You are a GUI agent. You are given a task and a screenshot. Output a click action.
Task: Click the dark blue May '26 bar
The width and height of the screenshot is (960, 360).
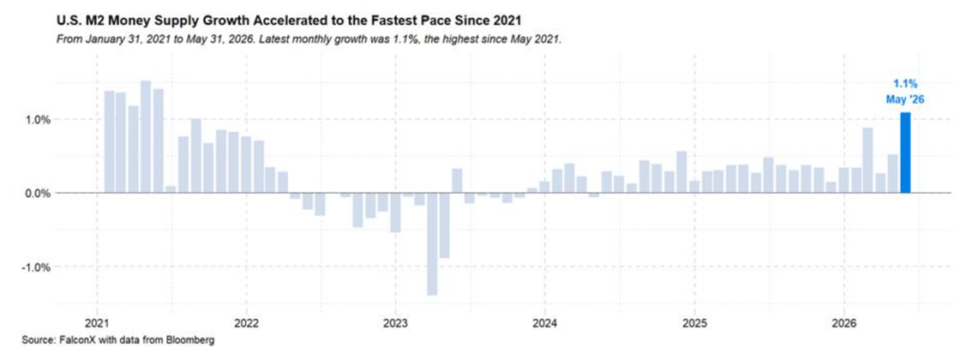905,153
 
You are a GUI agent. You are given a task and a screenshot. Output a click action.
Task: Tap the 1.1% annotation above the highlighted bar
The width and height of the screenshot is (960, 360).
904,85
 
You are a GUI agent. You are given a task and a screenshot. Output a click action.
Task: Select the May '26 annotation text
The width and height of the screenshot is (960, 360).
904,99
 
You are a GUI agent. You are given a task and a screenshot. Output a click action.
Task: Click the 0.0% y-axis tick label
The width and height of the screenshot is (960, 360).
38,194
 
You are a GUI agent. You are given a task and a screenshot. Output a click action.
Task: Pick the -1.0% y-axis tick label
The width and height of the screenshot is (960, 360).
36,267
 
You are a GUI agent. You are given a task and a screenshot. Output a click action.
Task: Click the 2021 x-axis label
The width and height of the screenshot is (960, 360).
97,322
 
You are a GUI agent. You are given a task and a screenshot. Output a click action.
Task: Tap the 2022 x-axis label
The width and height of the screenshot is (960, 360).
246,322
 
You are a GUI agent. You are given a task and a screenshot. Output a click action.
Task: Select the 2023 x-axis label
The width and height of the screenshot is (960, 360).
395,322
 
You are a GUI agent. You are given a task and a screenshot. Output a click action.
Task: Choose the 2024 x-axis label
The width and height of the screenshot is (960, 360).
545,322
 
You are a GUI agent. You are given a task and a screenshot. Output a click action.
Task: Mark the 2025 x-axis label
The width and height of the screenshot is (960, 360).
694,322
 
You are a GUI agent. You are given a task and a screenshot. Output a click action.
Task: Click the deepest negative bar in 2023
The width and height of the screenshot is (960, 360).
432,244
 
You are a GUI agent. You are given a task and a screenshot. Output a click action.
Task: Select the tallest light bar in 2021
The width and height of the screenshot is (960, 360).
146,136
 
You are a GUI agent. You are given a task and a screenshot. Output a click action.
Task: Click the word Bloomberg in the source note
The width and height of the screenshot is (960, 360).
196,339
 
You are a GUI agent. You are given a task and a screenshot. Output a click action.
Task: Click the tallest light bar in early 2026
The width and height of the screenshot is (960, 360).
868,160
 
